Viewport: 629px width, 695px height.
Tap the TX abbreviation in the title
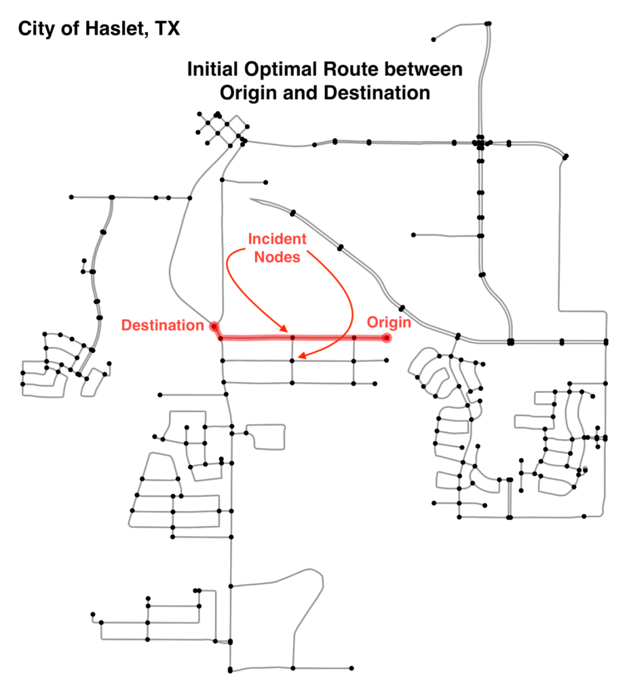(x=168, y=29)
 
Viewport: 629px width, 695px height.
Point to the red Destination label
(x=163, y=325)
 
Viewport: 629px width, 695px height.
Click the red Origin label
(x=389, y=322)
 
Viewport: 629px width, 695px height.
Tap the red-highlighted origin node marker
(x=387, y=338)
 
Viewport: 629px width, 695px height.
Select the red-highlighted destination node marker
(x=214, y=326)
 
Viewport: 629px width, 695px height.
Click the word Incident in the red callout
(x=277, y=239)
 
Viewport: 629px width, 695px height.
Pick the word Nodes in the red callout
(x=277, y=257)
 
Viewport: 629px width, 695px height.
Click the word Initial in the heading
(x=213, y=69)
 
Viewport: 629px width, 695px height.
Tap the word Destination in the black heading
(x=377, y=93)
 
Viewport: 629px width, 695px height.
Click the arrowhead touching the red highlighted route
(x=284, y=329)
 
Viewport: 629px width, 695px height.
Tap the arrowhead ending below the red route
(x=301, y=356)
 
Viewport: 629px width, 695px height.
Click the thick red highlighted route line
(x=301, y=338)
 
